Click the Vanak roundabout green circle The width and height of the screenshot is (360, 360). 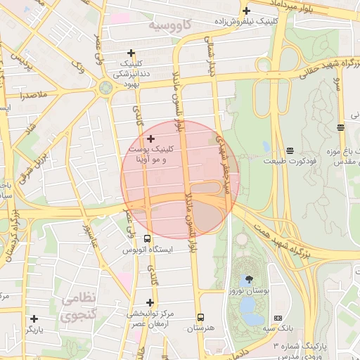[x=105, y=88]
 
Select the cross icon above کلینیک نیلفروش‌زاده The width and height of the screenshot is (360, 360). [x=246, y=11]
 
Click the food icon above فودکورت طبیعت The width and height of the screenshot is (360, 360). [x=290, y=150]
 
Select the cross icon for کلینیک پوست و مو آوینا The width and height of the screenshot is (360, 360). [x=150, y=139]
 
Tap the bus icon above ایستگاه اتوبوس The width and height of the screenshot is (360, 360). [x=147, y=239]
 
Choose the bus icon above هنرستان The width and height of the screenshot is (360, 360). [x=201, y=318]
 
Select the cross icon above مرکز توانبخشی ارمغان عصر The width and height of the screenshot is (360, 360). [x=150, y=302]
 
